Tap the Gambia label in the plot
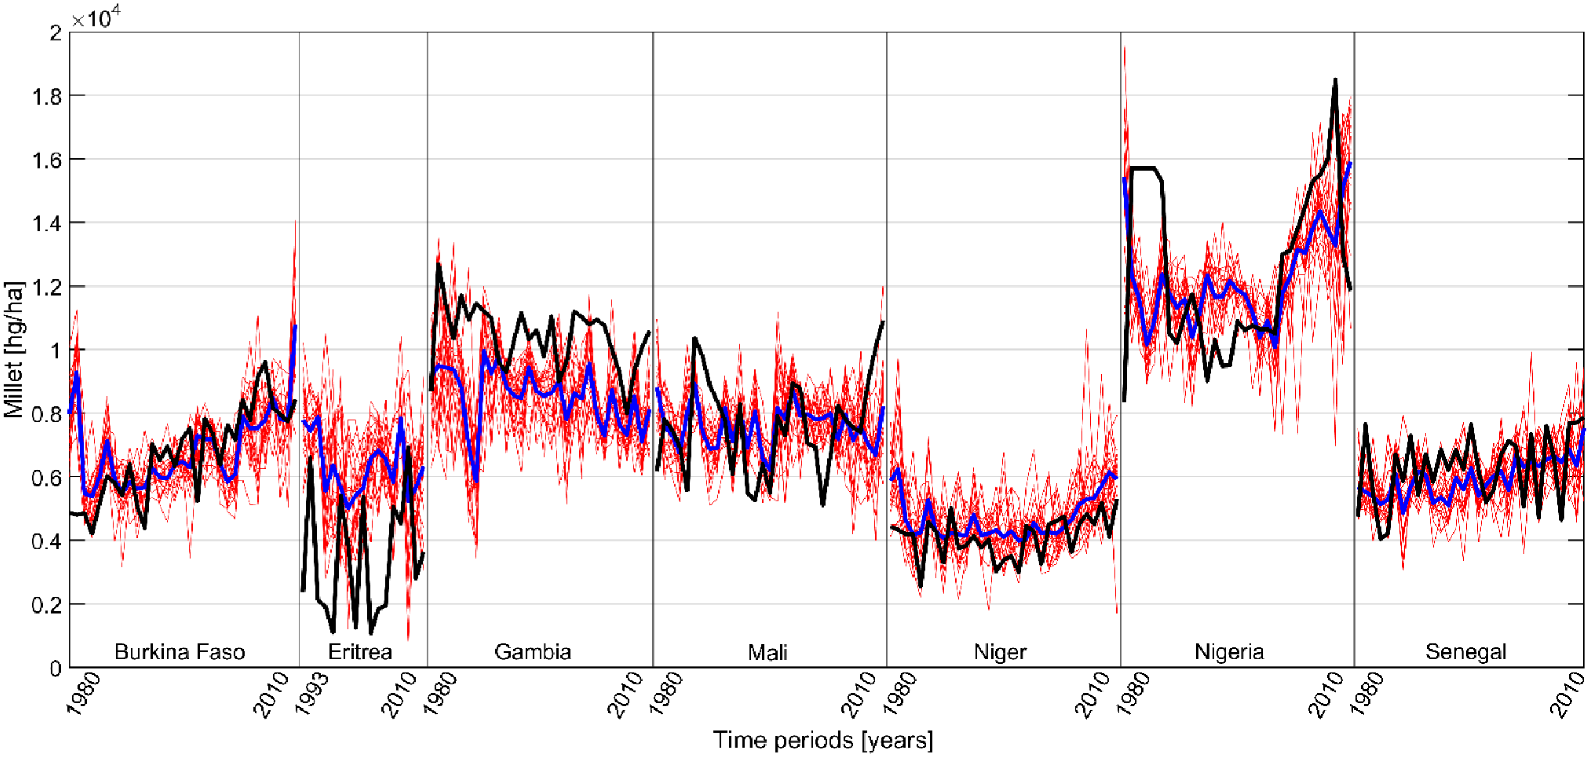(x=533, y=652)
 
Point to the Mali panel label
(x=767, y=652)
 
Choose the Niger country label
(x=1000, y=652)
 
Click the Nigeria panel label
(x=1229, y=652)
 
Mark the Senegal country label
(x=1466, y=652)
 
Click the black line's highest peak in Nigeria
(x=1335, y=80)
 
